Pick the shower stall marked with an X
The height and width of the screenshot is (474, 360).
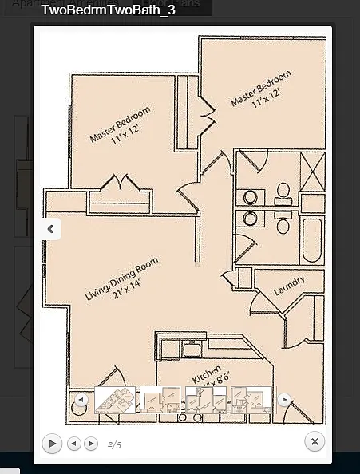point(312,168)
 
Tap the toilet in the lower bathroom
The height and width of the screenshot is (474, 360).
point(283,225)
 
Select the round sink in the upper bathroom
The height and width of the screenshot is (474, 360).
point(251,196)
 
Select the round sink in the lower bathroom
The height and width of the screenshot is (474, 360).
point(251,217)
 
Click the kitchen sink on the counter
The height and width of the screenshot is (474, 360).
point(192,349)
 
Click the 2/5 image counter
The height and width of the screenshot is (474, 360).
point(114,444)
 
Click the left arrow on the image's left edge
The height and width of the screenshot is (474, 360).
point(50,229)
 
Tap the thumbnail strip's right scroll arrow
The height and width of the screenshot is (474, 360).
point(284,399)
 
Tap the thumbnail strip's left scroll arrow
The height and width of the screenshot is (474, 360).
point(81,399)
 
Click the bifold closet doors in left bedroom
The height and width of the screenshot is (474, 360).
point(119,184)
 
